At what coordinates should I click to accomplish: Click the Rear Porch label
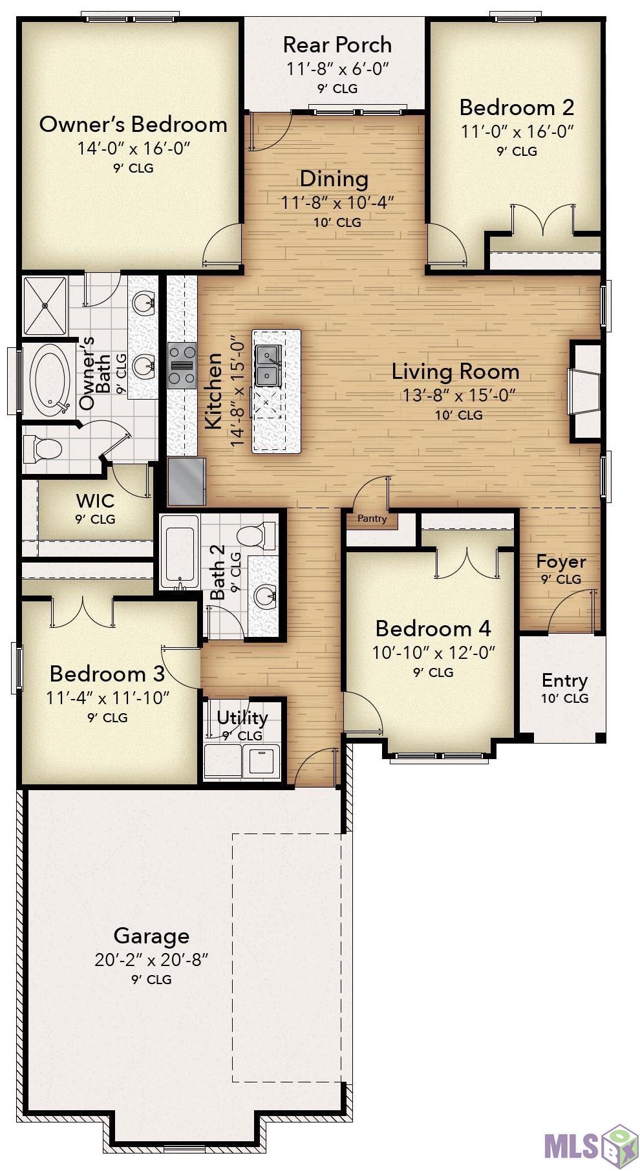pos(337,45)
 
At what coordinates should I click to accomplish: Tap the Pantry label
pos(372,519)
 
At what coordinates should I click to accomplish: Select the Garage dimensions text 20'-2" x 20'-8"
pos(151,960)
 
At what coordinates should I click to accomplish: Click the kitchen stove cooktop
pos(182,365)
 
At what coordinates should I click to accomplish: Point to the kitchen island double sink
pos(268,365)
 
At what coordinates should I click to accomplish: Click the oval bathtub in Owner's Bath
pos(50,379)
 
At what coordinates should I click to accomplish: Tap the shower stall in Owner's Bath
pos(45,306)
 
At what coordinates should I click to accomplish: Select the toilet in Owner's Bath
pos(42,448)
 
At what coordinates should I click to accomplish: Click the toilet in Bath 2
pos(257,535)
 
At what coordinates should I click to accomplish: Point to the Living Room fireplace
pos(586,391)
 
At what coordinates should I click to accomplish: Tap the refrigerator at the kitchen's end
pos(186,481)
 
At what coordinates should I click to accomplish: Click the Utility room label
pos(242,718)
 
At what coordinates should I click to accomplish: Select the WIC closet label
pos(95,500)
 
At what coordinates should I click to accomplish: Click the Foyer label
pos(561,561)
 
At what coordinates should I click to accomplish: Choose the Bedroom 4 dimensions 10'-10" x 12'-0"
pos(433,652)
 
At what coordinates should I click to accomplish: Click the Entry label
pos(564,680)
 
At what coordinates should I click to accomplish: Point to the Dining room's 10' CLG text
pos(337,222)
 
